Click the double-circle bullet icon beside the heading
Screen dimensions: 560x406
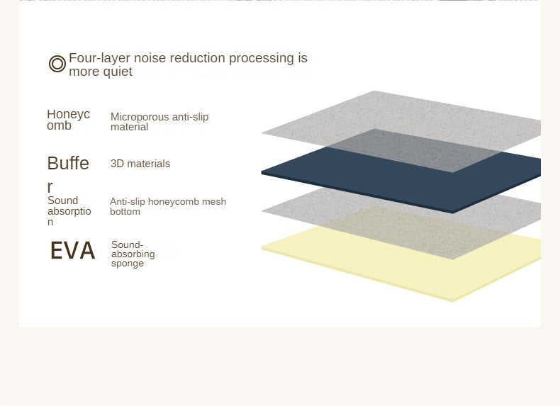point(57,64)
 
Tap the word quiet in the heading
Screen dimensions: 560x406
point(117,72)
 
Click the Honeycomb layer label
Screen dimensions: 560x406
point(68,120)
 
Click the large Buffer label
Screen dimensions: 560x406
point(68,174)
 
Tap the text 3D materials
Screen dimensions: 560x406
point(140,164)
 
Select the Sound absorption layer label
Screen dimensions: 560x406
point(69,211)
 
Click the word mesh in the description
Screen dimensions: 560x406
point(214,201)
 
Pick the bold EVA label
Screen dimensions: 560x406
point(73,250)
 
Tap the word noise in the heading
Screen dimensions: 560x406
point(155,58)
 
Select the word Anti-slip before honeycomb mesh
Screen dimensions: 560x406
point(128,201)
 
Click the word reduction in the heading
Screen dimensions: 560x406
point(203,58)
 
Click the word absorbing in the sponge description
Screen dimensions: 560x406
point(133,254)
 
